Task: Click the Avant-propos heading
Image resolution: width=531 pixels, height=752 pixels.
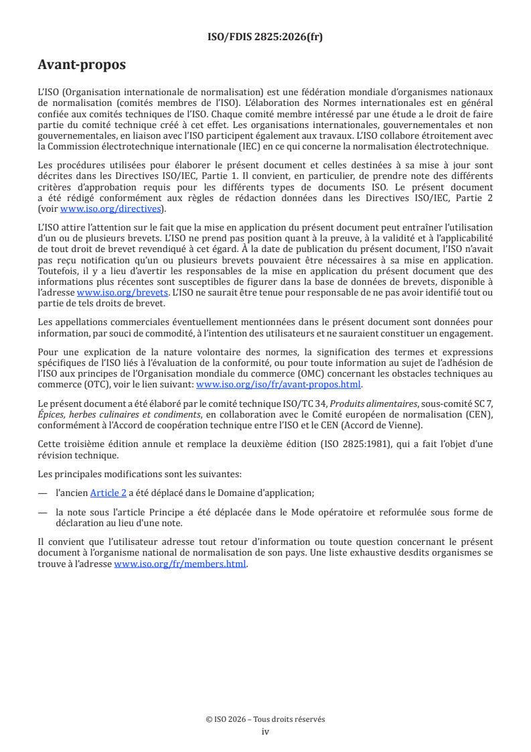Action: coord(82,65)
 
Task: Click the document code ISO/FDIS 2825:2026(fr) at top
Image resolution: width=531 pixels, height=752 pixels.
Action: coord(265,38)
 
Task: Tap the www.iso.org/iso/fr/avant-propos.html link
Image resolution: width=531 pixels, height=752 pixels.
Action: coord(278,385)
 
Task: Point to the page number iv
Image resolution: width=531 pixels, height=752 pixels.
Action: coord(265,731)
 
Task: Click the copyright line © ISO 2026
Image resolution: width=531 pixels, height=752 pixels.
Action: coord(265,719)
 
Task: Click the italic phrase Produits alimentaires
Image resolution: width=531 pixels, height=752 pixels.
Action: coord(370,404)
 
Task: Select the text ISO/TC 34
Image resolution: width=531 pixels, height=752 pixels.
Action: coord(304,404)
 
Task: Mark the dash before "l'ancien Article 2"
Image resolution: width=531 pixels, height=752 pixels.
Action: coord(43,493)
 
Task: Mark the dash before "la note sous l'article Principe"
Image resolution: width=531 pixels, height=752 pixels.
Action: coord(43,512)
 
